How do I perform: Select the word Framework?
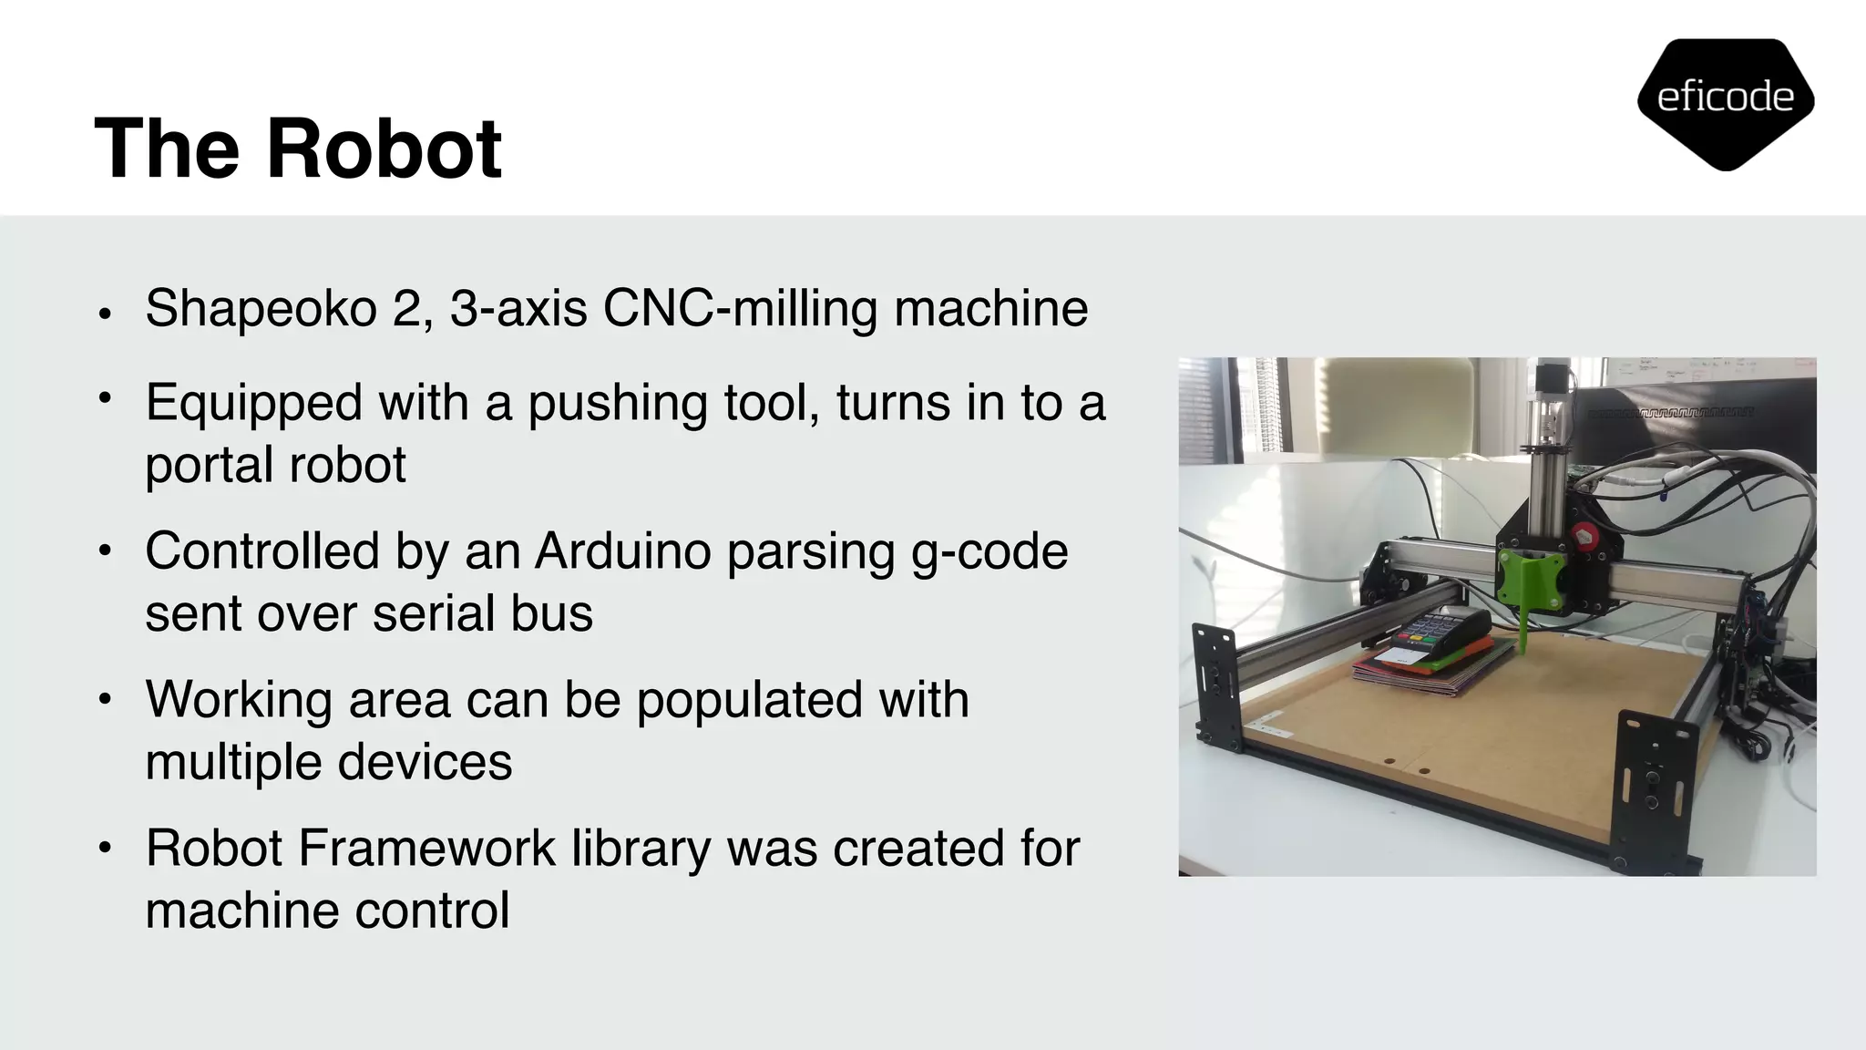426,849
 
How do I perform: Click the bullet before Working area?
106,700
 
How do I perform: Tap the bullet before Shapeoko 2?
106,314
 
